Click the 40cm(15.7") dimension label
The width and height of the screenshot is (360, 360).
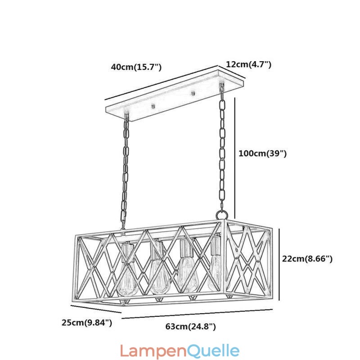[x=136, y=67]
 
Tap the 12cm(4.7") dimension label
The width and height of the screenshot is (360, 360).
[x=249, y=64]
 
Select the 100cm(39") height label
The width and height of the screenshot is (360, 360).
[x=263, y=153]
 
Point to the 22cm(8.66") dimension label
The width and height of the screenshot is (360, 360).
[x=307, y=259]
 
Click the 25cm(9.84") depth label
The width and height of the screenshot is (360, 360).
[x=87, y=323]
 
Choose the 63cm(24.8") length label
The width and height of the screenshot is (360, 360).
[x=190, y=326]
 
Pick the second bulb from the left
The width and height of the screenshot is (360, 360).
[x=160, y=277]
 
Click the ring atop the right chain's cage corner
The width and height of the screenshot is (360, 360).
[x=221, y=215]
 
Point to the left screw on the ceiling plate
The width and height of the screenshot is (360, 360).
[x=153, y=107]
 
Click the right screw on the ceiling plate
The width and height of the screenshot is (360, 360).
[x=193, y=93]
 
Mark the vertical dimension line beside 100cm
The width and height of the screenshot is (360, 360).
[x=235, y=158]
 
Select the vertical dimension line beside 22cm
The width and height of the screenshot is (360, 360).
[x=279, y=264]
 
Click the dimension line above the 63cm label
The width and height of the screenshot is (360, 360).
[x=197, y=314]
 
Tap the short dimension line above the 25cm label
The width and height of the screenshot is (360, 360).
[x=96, y=309]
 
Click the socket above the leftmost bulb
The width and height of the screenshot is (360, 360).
[x=127, y=252]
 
